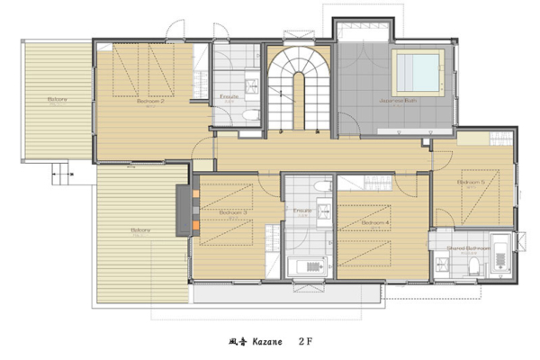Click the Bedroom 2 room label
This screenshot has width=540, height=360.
click(x=149, y=102)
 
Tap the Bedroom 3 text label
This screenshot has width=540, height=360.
click(x=232, y=213)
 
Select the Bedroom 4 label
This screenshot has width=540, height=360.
click(x=374, y=221)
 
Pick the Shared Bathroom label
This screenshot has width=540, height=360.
click(x=470, y=247)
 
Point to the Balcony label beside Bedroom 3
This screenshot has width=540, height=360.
click(x=139, y=230)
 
